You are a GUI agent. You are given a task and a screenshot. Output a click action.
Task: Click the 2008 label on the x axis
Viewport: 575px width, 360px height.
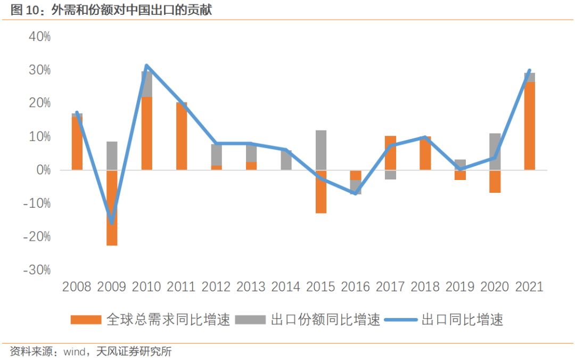[x=77, y=287]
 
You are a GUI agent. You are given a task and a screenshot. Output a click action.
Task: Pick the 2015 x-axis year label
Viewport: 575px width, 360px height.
[x=321, y=287]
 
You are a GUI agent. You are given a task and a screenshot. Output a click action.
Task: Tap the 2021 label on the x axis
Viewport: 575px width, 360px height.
[x=529, y=287]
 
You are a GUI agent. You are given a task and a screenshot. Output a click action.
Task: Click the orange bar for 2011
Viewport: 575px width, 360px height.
[x=182, y=136]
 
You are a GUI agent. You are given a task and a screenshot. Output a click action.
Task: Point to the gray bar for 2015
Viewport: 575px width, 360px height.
[x=321, y=150]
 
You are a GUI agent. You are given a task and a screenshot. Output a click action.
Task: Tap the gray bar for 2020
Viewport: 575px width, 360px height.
[x=495, y=152]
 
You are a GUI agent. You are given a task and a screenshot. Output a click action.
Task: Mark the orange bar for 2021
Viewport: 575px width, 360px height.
[x=529, y=126]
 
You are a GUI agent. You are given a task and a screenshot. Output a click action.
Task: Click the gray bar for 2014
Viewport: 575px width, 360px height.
[x=286, y=160]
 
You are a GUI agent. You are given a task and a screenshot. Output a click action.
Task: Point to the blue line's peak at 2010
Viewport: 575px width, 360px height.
[x=146, y=66]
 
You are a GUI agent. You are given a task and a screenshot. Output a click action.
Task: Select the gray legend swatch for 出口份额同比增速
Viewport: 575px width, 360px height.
[x=250, y=320]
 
